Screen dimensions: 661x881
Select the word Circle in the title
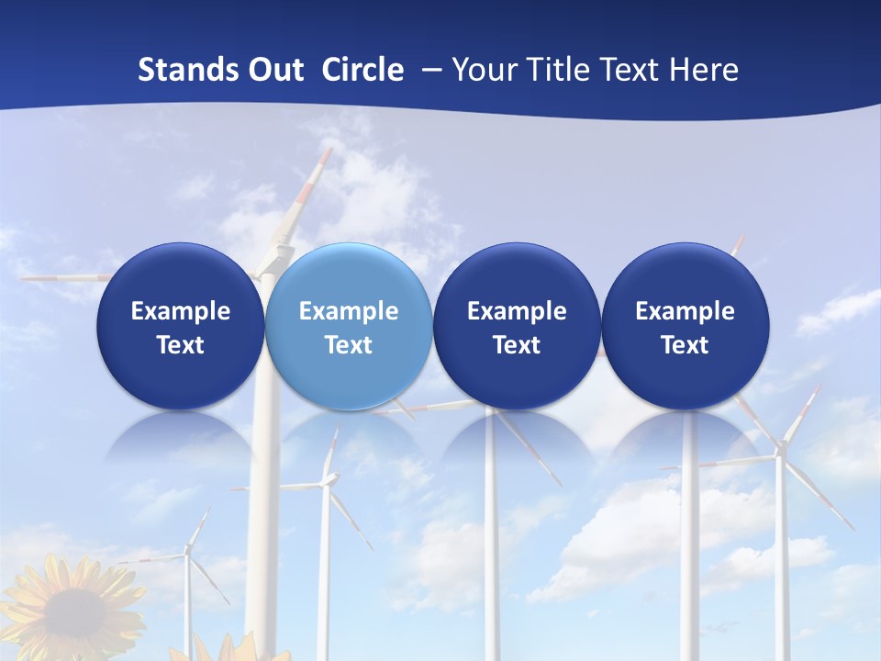tap(362, 70)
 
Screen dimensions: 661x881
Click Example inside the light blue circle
tap(348, 311)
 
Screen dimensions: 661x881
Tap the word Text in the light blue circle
tap(348, 345)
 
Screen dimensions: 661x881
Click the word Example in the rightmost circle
tap(685, 311)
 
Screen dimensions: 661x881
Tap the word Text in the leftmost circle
tap(180, 345)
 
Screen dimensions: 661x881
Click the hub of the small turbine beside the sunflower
tap(187, 550)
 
